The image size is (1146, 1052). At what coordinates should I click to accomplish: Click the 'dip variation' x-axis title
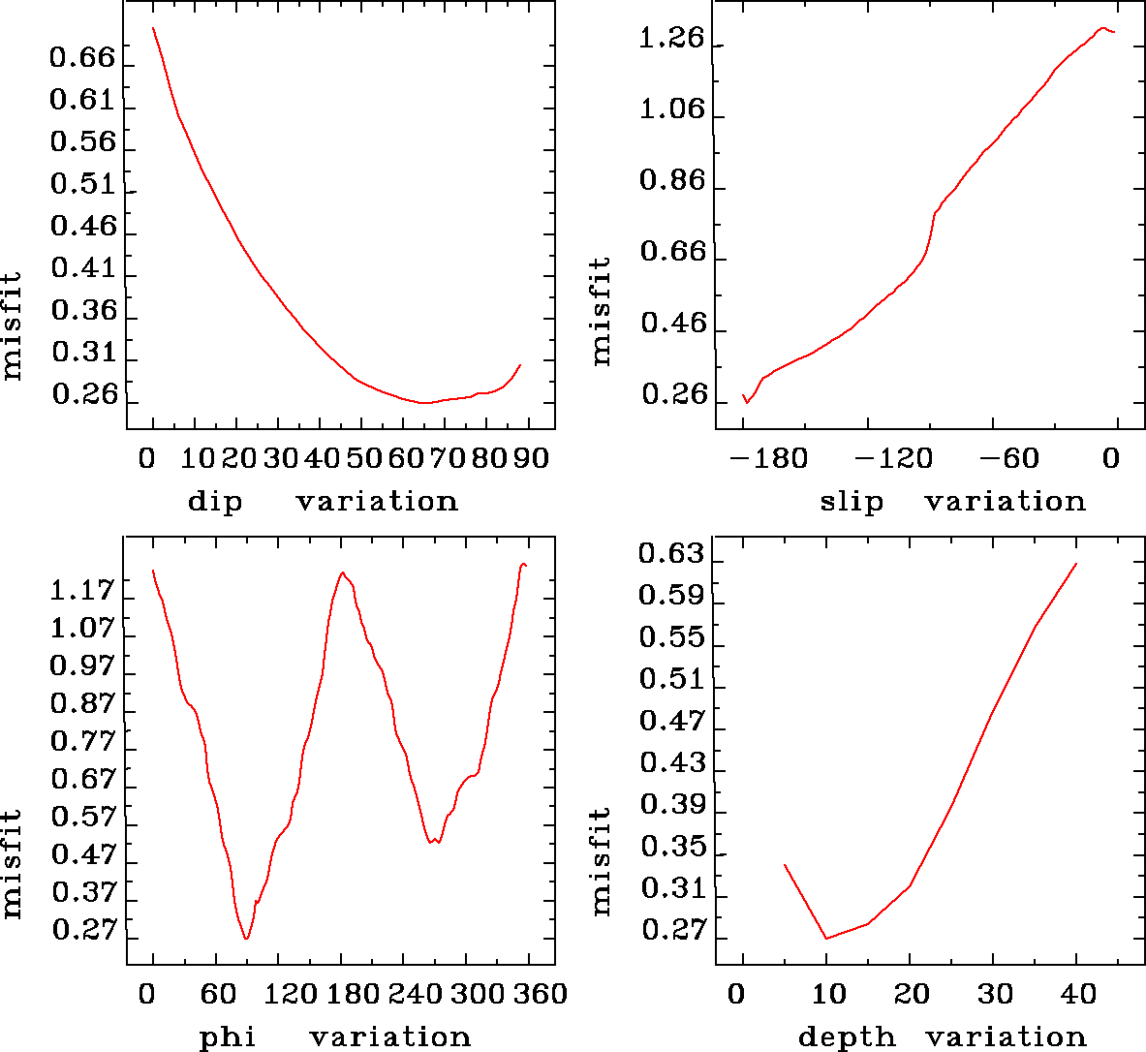tap(323, 502)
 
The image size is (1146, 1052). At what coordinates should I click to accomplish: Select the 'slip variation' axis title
tap(953, 502)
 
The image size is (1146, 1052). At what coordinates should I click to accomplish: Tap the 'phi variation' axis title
tap(335, 1037)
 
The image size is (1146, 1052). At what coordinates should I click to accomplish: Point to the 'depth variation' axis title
tap(943, 1037)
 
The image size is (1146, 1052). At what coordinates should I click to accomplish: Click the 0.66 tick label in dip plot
tap(82, 58)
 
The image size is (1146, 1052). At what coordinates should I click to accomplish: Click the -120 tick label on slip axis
tap(892, 458)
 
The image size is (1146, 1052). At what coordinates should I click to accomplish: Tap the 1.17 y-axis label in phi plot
tap(82, 589)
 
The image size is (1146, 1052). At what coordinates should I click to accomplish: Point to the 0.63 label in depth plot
tap(671, 554)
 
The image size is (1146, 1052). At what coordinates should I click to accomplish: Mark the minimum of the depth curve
tap(826, 938)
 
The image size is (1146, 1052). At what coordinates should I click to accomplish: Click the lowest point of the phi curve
tap(247, 939)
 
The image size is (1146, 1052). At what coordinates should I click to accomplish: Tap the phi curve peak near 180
tap(342, 572)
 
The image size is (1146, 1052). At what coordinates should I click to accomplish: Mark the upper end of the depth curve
tap(1076, 564)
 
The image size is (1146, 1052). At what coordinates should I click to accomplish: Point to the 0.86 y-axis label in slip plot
tap(672, 182)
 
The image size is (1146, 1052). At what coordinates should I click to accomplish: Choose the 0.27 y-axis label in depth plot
tap(671, 931)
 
